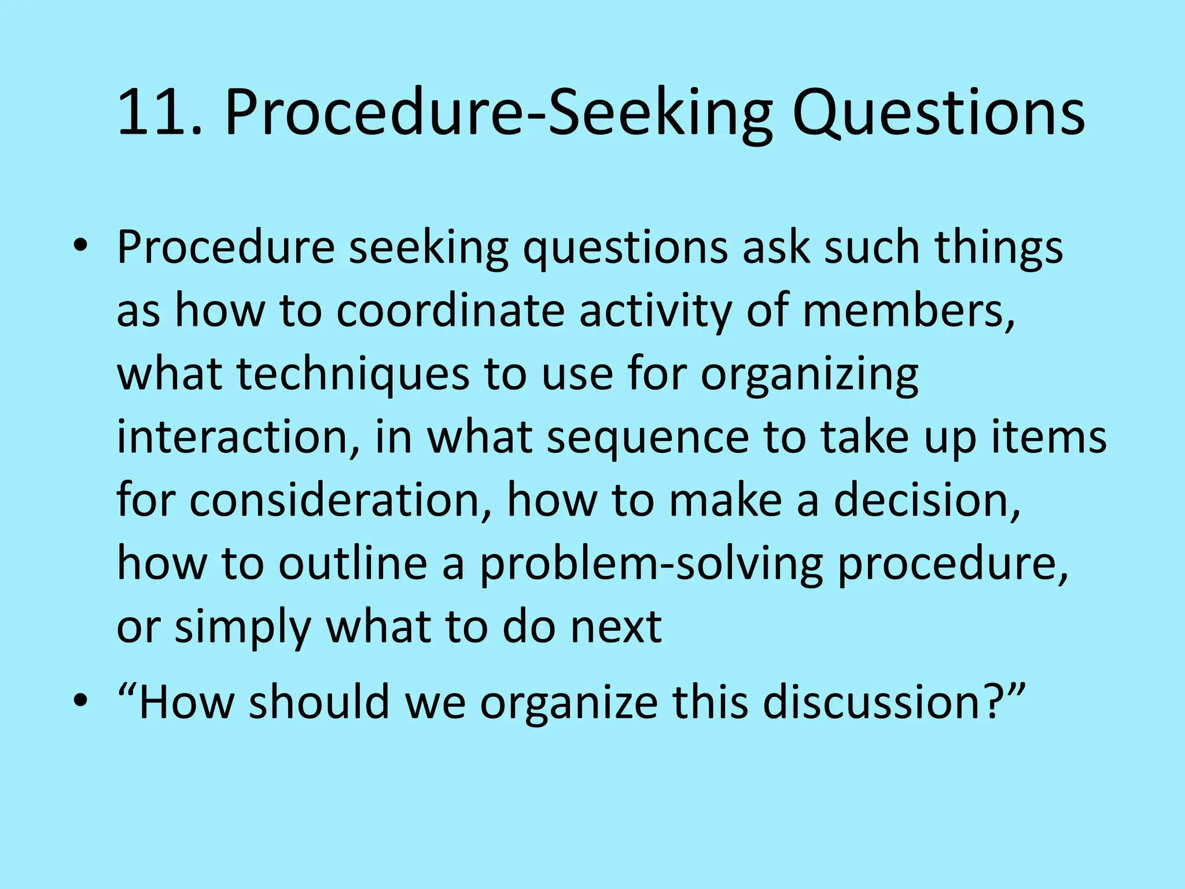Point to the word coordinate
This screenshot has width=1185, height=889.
(x=450, y=310)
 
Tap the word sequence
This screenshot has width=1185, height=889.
(x=647, y=438)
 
